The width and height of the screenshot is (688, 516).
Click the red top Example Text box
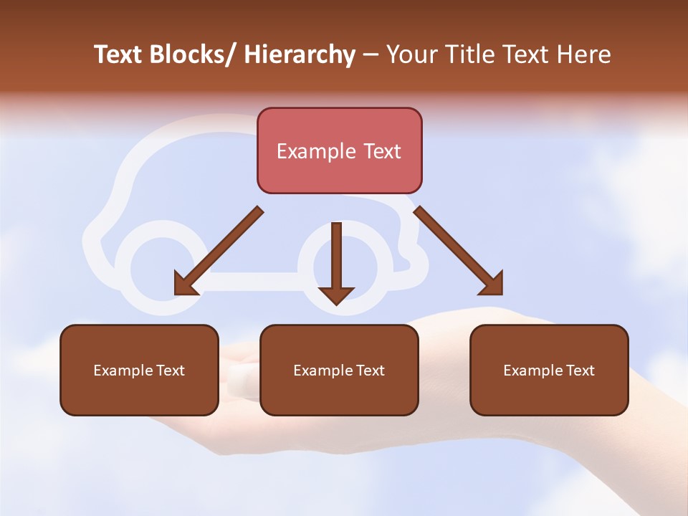pos(339,150)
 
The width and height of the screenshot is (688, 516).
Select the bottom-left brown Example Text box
pos(139,370)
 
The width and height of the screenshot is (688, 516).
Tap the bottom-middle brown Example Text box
pos(339,370)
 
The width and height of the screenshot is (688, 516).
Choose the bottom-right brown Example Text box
pos(549,370)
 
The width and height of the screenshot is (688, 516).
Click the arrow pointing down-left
pos(219,252)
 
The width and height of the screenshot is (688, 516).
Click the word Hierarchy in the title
pos(300,54)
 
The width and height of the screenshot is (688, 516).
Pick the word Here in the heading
pos(582,54)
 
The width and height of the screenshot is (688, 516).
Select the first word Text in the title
pos(119,54)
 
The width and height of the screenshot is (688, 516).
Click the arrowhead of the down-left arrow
pos(186,284)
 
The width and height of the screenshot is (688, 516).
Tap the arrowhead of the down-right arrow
pos(492,284)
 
